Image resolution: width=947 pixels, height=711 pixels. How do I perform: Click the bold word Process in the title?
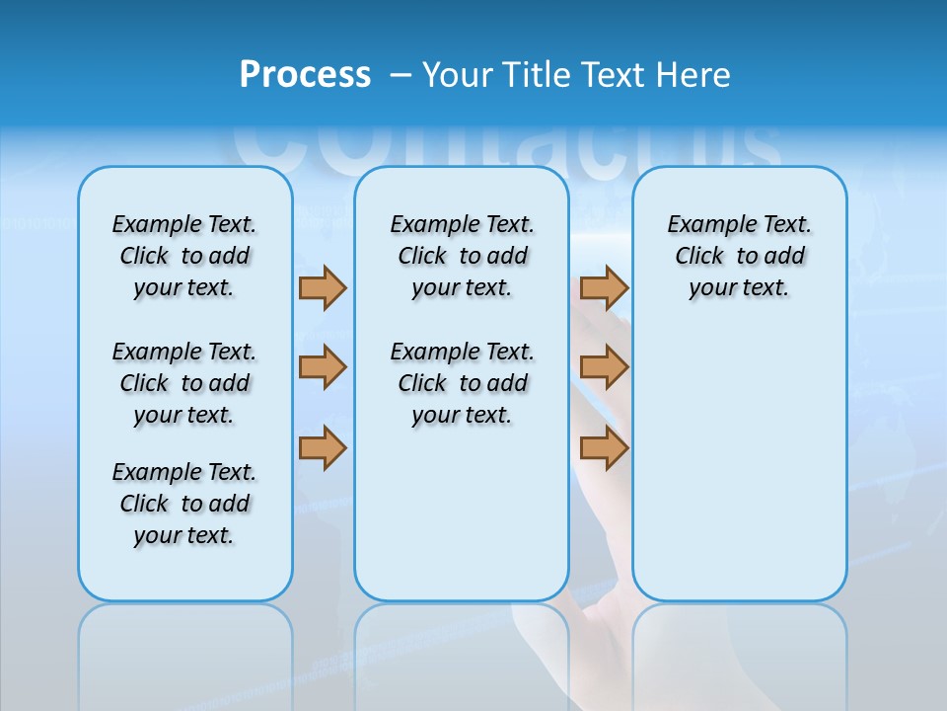[x=305, y=75]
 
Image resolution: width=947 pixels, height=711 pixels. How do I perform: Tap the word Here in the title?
[x=694, y=75]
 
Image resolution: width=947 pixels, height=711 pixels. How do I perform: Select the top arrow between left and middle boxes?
[x=323, y=287]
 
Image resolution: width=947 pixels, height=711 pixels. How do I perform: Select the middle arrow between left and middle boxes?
[x=323, y=367]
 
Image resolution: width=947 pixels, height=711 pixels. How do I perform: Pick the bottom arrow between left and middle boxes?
[x=323, y=448]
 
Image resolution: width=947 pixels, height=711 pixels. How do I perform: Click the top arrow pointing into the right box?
[x=604, y=287]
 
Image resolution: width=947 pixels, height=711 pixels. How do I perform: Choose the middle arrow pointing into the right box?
[x=604, y=367]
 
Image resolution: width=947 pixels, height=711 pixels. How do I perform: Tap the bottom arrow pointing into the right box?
[x=604, y=448]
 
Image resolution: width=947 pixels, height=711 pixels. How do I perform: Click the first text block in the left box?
[x=184, y=256]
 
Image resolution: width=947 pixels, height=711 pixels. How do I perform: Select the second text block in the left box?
[x=184, y=383]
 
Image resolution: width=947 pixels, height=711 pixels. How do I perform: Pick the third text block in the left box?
[x=184, y=504]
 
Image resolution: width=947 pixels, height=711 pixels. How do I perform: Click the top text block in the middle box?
[x=462, y=256]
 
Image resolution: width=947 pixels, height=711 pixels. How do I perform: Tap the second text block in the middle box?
[x=462, y=383]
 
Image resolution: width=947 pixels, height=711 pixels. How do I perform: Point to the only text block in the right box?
[x=739, y=256]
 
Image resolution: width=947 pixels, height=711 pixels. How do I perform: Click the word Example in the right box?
[x=703, y=225]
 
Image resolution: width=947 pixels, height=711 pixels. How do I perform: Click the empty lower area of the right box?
[x=739, y=474]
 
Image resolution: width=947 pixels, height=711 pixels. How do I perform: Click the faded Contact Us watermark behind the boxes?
[x=503, y=148]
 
